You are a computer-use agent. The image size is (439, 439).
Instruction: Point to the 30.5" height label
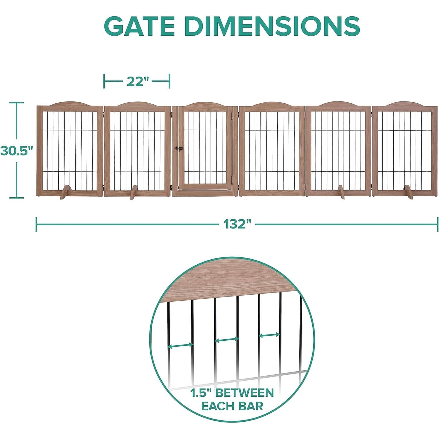pyautogui.click(x=16, y=151)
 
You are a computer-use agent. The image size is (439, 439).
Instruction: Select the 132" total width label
pyautogui.click(x=237, y=225)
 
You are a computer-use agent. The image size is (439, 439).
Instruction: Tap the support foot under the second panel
pyautogui.click(x=134, y=192)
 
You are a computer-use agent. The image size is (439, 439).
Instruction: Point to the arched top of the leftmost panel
pyautogui.click(x=70, y=104)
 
